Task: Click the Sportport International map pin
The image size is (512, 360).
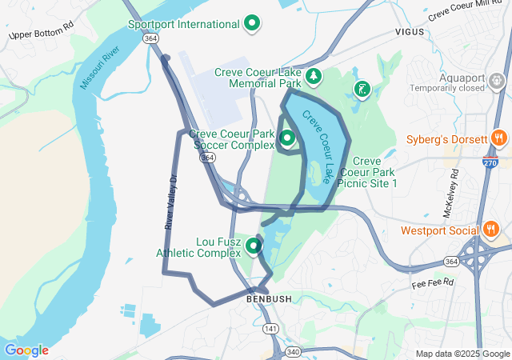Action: click(253, 23)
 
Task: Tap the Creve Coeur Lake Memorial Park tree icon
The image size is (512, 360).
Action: click(314, 77)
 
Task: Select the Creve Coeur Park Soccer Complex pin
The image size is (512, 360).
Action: click(286, 138)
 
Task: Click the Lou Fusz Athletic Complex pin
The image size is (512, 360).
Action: click(254, 246)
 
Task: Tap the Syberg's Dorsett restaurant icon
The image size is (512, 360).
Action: click(498, 138)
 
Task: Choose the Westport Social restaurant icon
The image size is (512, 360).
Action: click(491, 230)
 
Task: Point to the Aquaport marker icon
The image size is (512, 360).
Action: click(497, 80)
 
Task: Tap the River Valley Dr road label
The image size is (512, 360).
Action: click(170, 203)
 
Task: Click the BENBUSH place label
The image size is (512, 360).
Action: click(258, 299)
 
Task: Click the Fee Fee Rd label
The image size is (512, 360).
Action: click(433, 283)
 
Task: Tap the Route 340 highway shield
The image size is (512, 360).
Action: click(293, 352)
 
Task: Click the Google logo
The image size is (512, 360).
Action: click(26, 350)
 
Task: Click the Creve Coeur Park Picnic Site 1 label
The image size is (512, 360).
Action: click(368, 172)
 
